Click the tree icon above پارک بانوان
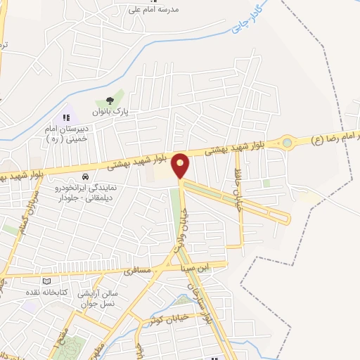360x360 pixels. [108, 101]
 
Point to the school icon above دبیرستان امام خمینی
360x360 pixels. [67, 117]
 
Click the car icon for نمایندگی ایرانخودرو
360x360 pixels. [85, 176]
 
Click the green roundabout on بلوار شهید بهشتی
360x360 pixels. [287, 143]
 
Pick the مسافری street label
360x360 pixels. [138, 270]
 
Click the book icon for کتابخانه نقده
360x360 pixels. [47, 281]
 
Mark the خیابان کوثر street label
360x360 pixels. [163, 320]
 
